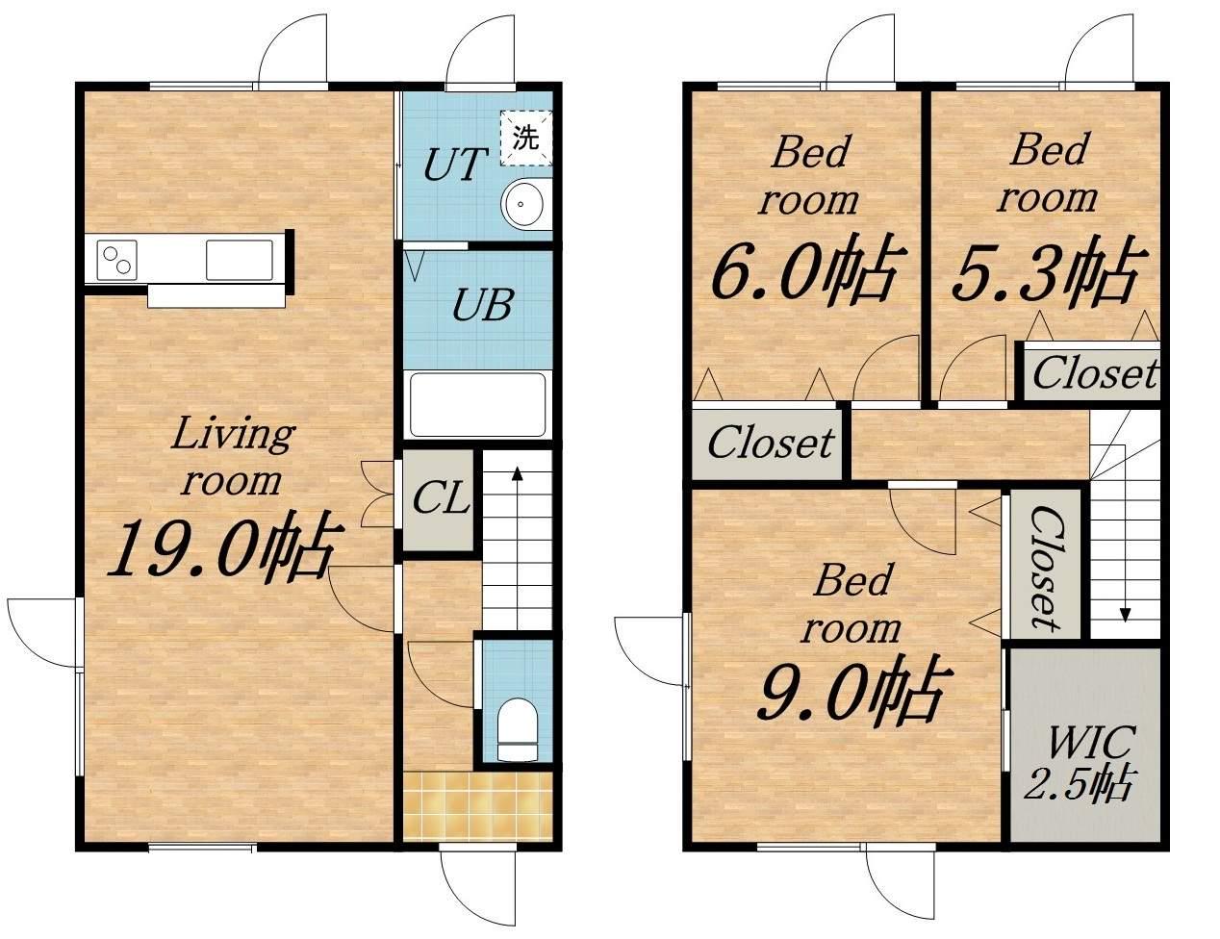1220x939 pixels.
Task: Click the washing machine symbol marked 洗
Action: (x=526, y=139)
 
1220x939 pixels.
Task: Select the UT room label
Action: (x=453, y=165)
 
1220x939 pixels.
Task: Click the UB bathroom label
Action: (x=482, y=305)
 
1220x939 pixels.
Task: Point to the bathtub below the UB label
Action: (x=478, y=404)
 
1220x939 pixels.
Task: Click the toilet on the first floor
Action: (x=518, y=729)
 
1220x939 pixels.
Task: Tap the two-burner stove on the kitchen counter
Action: (x=116, y=260)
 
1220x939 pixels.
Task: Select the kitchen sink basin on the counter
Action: (x=240, y=260)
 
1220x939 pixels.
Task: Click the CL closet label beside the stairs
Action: (x=441, y=498)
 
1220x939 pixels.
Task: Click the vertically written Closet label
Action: (x=1046, y=568)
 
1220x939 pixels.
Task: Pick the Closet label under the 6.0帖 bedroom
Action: (x=771, y=443)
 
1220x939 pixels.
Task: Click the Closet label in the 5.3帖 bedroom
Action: (x=1095, y=372)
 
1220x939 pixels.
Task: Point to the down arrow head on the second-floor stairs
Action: (x=1125, y=615)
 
